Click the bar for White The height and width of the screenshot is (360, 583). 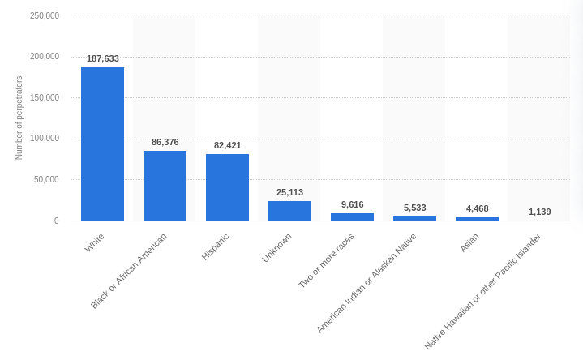point(102,144)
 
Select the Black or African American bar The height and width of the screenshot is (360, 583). point(165,186)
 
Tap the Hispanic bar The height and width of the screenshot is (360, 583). point(227,187)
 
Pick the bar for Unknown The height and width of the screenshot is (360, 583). point(289,211)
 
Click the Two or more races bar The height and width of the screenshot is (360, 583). point(352,216)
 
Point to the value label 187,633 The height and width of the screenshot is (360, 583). point(103,58)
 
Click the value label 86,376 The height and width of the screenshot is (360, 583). point(165,142)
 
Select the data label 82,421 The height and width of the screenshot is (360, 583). point(228,145)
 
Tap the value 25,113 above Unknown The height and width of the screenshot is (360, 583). point(289,192)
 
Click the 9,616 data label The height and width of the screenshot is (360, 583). point(352,204)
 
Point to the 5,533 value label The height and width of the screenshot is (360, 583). point(414,208)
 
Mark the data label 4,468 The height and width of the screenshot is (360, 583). point(477,208)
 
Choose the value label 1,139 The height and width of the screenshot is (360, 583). point(539,212)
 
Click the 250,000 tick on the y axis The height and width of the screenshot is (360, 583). point(44,15)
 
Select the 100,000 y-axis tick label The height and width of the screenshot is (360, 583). point(44,139)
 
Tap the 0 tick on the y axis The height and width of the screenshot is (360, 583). point(56,221)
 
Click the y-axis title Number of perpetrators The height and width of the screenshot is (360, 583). point(19,118)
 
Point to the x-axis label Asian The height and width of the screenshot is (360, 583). point(469,242)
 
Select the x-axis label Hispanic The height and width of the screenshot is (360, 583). point(216,246)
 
